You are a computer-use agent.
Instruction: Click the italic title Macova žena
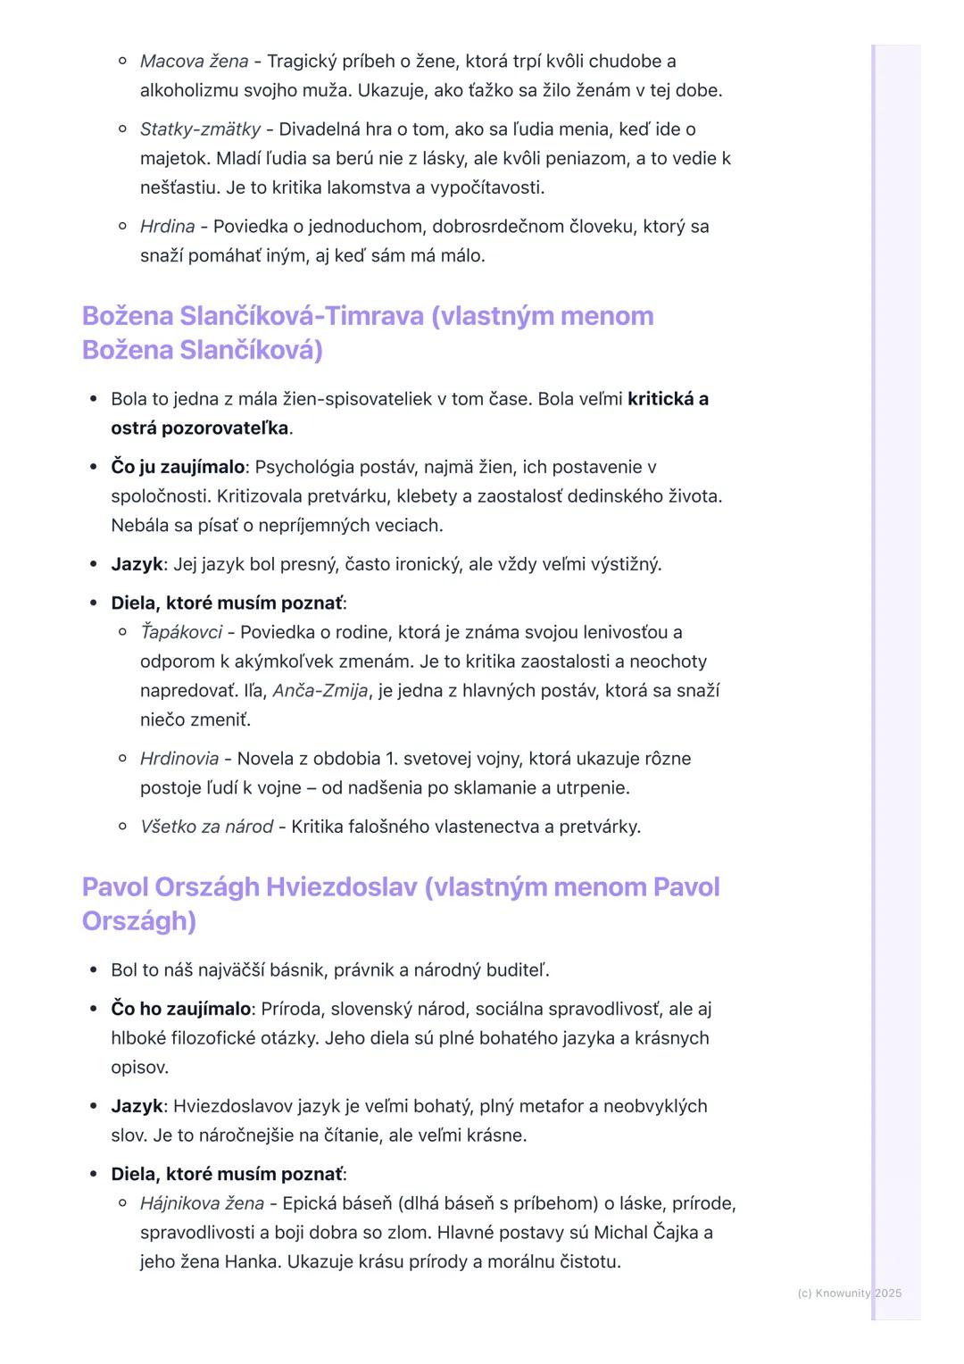coord(194,62)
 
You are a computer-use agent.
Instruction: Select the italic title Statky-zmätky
coord(200,129)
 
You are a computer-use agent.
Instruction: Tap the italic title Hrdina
coord(167,227)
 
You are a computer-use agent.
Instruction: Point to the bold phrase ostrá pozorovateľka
coord(200,428)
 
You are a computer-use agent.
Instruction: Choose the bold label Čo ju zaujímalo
coord(178,467)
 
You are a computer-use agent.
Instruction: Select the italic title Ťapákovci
coord(181,633)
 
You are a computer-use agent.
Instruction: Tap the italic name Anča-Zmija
coord(320,691)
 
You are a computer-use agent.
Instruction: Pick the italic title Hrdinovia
coord(179,759)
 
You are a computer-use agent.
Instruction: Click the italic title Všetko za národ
coord(206,827)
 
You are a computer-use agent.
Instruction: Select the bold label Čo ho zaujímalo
coord(180,1009)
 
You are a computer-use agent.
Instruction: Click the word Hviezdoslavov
coord(229,1106)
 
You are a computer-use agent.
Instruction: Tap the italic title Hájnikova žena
coord(202,1203)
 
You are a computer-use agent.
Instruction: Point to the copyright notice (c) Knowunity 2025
coord(849,1293)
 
